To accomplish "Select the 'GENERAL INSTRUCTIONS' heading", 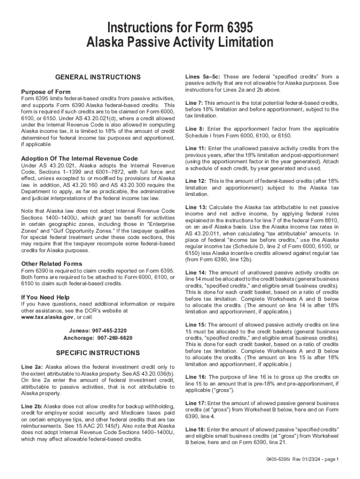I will (x=98, y=77).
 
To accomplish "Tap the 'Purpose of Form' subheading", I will (x=46, y=92).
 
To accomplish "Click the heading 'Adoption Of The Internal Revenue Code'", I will (x=79, y=159).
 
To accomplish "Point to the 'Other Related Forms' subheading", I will (x=51, y=263).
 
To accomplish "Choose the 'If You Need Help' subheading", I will (x=45, y=297).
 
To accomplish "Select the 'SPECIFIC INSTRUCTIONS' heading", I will (x=98, y=352).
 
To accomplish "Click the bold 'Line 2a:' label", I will (x=32, y=367).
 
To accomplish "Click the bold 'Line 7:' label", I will (x=194, y=102).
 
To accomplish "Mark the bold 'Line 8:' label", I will (x=194, y=129).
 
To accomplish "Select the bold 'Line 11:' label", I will (x=195, y=148).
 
